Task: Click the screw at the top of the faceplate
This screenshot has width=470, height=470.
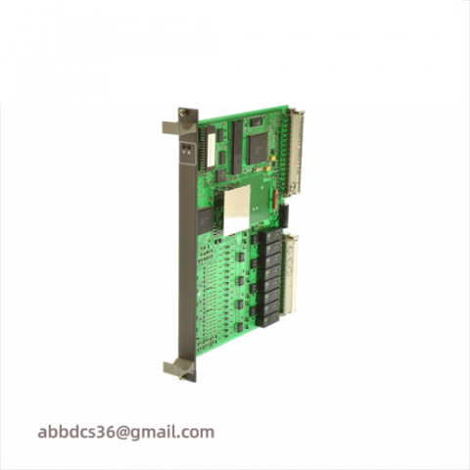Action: point(182,113)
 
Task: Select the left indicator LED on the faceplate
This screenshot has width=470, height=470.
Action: point(183,148)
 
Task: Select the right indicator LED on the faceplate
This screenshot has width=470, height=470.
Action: point(189,148)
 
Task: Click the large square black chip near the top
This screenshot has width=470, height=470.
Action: point(258,150)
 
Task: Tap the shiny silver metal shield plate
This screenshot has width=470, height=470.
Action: point(236,210)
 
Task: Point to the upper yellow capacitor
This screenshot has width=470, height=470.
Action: point(274,159)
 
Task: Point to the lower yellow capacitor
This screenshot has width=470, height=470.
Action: point(268,168)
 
